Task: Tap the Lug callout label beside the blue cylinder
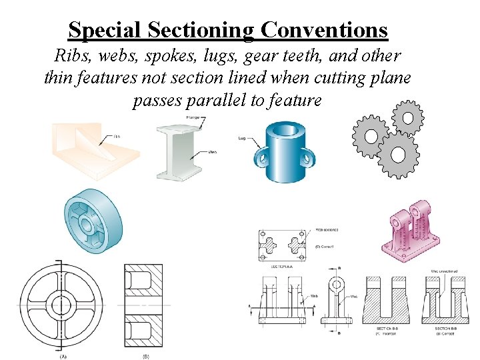242,138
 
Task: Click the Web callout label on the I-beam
213,153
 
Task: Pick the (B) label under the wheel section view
145,356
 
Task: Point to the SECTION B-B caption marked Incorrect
387,330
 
